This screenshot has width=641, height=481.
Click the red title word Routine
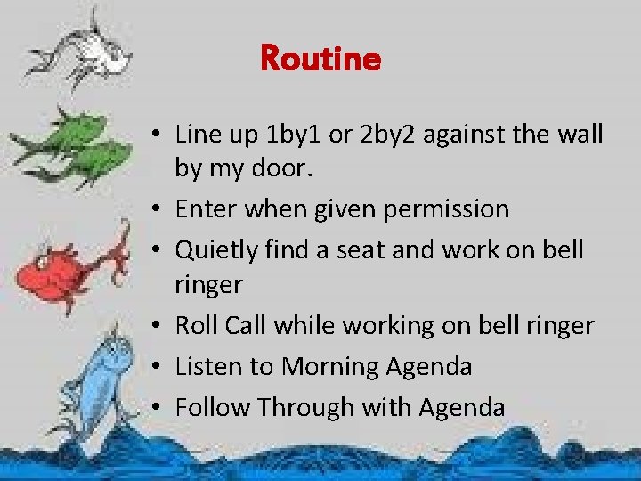click(320, 60)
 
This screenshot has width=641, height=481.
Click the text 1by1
click(298, 135)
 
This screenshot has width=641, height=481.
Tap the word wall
click(581, 135)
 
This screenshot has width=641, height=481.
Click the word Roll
click(196, 326)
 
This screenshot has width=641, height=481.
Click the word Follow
click(212, 407)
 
